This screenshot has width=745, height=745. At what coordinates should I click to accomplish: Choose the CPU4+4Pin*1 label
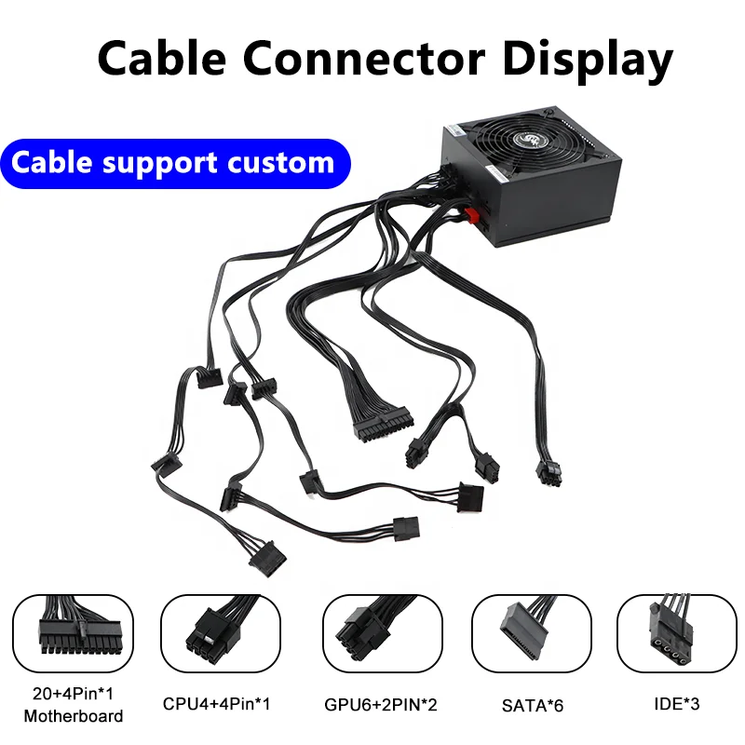(x=222, y=705)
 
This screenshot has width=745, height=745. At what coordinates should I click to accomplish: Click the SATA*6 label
(x=532, y=705)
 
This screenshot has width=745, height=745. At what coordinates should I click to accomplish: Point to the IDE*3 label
(x=677, y=705)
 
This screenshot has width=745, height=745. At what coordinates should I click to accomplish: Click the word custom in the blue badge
(x=280, y=163)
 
